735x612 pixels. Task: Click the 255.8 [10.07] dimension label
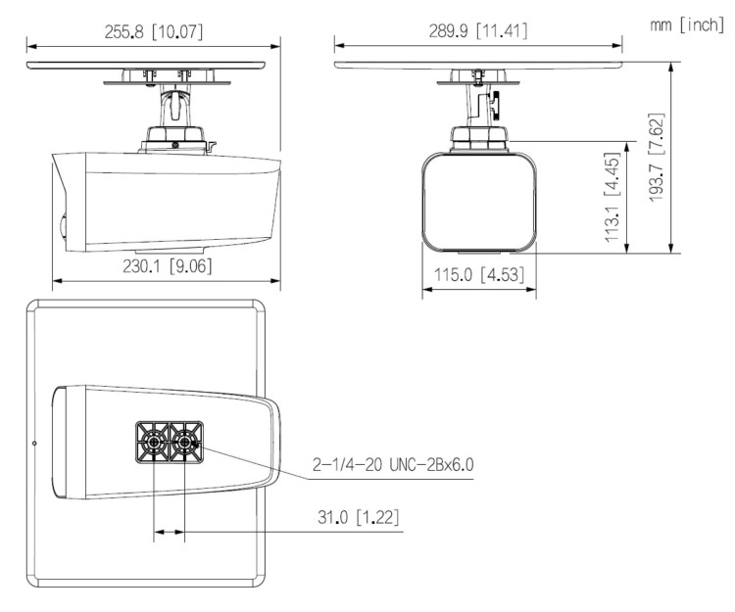154,30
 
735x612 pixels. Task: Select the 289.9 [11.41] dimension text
478,30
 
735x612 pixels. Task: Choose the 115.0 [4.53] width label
479,276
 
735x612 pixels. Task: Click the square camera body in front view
480,200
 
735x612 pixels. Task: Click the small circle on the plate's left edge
34,444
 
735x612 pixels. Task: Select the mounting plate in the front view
478,65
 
